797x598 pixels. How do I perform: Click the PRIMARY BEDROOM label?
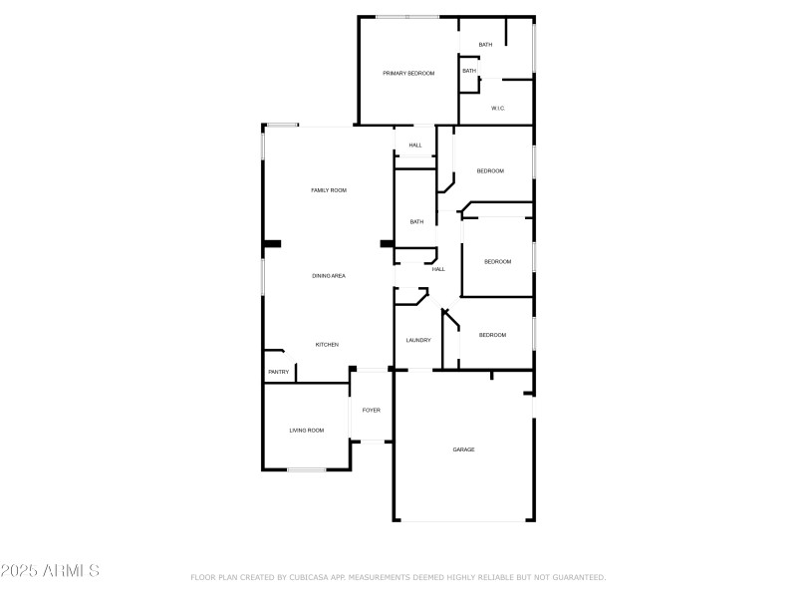click(408, 73)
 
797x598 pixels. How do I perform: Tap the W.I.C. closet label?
click(498, 108)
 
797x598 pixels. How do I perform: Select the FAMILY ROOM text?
click(329, 189)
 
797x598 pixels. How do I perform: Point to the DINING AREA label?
click(329, 275)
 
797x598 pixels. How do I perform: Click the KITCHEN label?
click(327, 344)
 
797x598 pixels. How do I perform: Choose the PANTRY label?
click(279, 372)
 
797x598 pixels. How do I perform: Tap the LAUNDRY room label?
click(417, 340)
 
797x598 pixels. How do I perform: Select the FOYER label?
click(371, 410)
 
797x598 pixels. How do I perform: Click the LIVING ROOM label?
click(307, 430)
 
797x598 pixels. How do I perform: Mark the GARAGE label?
click(463, 449)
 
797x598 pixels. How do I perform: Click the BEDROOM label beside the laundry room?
click(492, 335)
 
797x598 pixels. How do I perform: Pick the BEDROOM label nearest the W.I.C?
click(490, 170)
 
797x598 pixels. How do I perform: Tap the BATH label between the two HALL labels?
click(416, 221)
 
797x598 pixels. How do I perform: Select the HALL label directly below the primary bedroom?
click(415, 146)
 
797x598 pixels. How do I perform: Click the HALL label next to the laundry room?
click(437, 269)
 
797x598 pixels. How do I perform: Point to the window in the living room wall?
click(307, 469)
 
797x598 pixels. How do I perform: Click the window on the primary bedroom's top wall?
click(406, 16)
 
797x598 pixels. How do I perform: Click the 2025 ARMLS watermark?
click(50, 571)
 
